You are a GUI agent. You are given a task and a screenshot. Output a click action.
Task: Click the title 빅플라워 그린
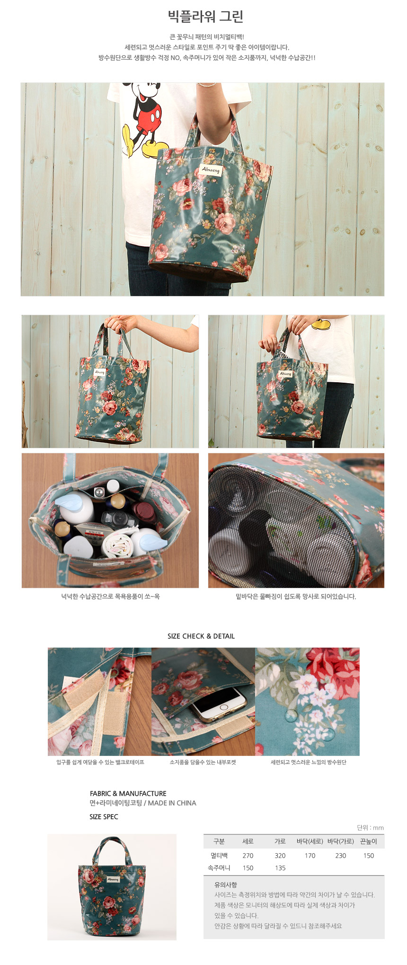click(205, 17)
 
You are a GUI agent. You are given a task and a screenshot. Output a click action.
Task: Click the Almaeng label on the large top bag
click(211, 169)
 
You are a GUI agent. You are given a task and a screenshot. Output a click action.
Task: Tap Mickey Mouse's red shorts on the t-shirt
click(150, 116)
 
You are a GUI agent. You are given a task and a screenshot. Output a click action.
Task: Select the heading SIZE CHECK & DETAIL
click(201, 636)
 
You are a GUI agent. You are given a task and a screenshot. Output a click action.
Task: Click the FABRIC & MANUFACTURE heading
click(128, 793)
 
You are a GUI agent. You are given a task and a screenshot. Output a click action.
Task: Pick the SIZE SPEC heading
click(104, 816)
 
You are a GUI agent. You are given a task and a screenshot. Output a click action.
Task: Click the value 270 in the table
click(248, 855)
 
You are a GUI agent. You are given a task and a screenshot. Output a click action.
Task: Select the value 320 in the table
click(280, 855)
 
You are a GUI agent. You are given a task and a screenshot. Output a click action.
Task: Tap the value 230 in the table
click(341, 855)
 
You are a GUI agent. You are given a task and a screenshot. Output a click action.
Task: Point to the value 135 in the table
click(280, 868)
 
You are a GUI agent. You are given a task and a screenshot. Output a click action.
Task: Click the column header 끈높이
click(369, 841)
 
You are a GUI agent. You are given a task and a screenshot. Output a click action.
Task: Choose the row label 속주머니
click(219, 868)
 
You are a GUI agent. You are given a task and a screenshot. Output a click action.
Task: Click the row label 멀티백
click(219, 855)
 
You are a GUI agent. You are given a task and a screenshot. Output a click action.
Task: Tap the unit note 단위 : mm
click(370, 827)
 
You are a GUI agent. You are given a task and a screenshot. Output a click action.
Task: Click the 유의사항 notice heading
click(226, 885)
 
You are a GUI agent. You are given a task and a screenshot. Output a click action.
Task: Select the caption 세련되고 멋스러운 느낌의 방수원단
click(309, 762)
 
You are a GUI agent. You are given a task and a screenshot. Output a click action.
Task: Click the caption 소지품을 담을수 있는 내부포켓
click(203, 762)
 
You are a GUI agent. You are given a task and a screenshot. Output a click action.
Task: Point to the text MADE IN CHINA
click(172, 803)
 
